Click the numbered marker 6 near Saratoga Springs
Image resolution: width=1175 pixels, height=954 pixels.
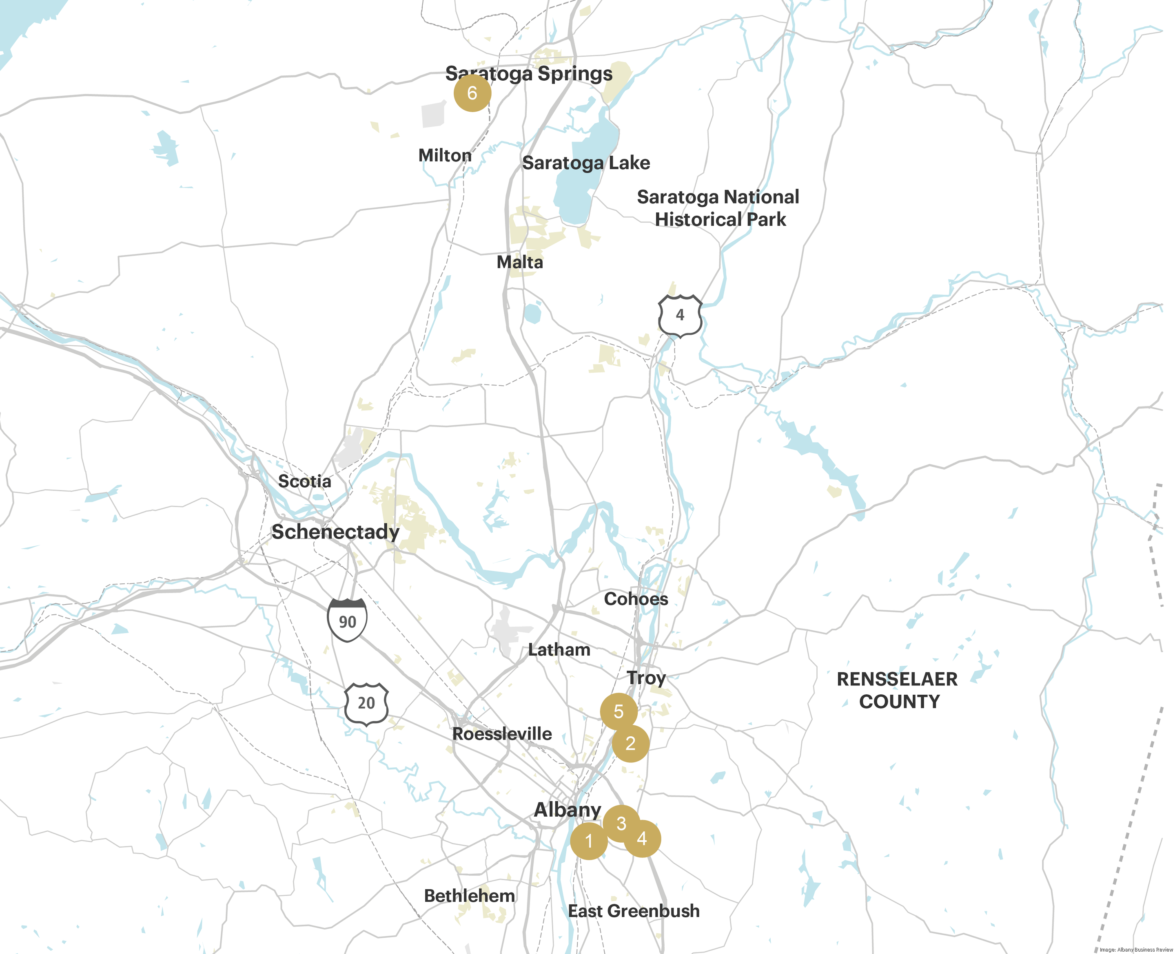[x=472, y=93]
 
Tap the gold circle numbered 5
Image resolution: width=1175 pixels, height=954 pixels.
[x=619, y=712]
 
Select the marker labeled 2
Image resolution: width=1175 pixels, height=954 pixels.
[x=631, y=744]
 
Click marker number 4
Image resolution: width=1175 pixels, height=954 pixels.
[x=642, y=839]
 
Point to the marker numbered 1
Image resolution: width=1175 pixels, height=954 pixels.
[x=589, y=841]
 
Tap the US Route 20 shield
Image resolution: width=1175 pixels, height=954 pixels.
[x=366, y=703]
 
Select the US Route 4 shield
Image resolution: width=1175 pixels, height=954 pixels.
[x=680, y=316]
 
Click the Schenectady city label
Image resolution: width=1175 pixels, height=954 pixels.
[x=335, y=532]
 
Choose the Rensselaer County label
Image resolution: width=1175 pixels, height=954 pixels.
[x=897, y=690]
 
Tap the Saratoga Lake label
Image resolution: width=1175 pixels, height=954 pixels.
[x=586, y=163]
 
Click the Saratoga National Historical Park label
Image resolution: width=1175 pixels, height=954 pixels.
[x=718, y=208]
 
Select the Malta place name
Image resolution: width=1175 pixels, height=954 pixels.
[x=520, y=262]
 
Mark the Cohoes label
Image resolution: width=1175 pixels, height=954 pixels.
[x=636, y=598]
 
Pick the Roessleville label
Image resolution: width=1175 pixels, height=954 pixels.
[x=502, y=733]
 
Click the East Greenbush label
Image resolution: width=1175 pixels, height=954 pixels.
[x=634, y=911]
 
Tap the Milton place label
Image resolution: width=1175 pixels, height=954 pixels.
[x=445, y=155]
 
